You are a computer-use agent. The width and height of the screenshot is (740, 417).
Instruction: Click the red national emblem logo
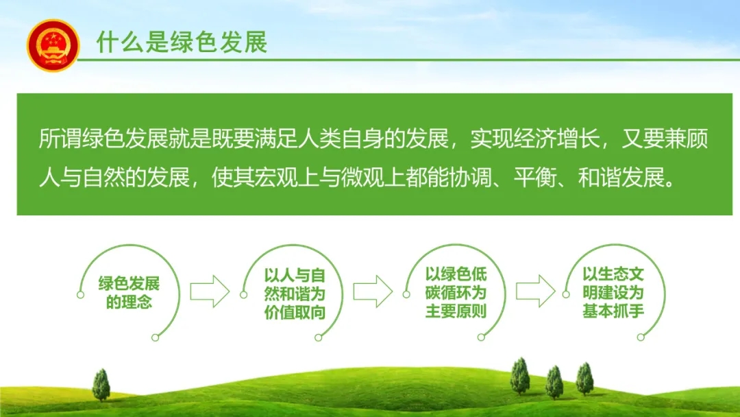point(53,46)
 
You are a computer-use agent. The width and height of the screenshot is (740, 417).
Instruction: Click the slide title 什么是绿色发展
point(182,42)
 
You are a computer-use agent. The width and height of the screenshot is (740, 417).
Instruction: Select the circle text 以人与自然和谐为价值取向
point(295,294)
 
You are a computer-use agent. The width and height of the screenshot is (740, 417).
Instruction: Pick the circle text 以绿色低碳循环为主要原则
point(456,293)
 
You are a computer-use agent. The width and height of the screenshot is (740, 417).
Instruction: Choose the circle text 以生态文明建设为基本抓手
point(613,293)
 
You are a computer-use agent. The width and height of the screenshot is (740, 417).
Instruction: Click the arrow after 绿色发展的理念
point(210,291)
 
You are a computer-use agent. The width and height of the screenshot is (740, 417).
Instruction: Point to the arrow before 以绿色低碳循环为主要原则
point(373,291)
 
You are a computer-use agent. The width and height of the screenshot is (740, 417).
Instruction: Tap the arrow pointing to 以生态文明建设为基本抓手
point(536,291)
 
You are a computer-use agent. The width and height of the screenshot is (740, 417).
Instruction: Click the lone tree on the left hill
point(101,385)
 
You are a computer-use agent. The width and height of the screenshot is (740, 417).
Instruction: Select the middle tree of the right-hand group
point(554,382)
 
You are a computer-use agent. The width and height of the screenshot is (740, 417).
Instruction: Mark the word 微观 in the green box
point(363,178)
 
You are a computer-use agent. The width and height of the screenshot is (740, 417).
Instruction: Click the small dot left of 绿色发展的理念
point(80,295)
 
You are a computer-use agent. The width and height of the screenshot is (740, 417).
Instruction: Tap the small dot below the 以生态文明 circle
point(641,337)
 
